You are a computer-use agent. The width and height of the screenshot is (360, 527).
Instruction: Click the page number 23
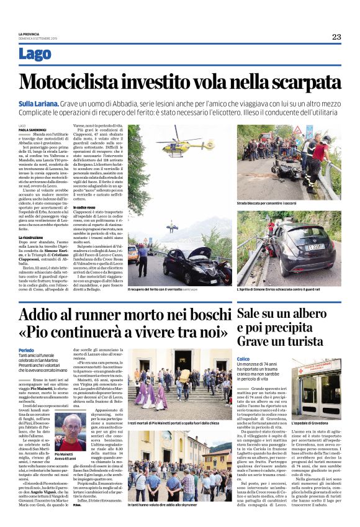(x=336, y=37)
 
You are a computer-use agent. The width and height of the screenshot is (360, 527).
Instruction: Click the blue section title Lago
(x=35, y=55)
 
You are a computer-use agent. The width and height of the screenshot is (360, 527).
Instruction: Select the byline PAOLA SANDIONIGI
(x=34, y=129)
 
